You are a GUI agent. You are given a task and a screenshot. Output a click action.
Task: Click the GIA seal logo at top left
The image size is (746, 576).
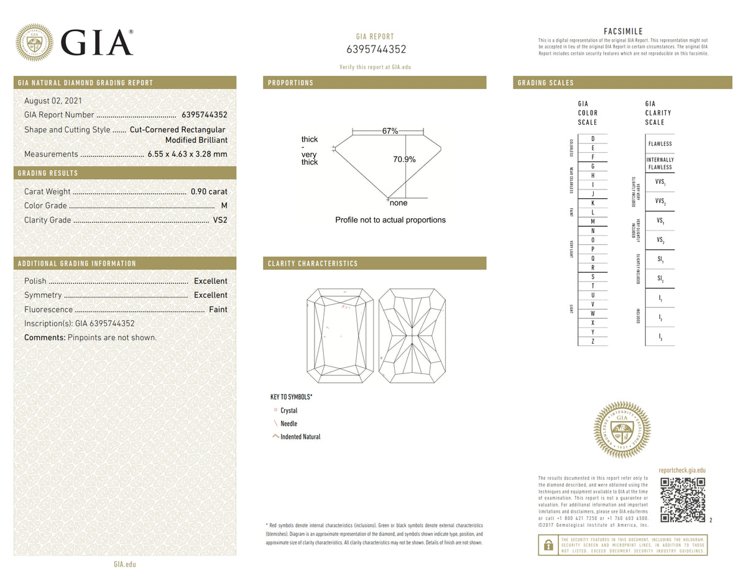click(x=34, y=42)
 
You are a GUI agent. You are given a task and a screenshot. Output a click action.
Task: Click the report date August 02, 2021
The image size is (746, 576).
click(x=53, y=101)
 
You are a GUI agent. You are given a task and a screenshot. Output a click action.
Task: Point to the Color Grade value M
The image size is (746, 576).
click(x=224, y=206)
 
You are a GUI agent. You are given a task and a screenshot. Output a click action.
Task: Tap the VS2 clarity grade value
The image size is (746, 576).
click(x=220, y=220)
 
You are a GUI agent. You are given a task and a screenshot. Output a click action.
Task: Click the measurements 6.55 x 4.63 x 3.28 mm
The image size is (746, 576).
click(x=187, y=154)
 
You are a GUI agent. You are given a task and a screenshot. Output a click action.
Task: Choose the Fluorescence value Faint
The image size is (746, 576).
click(x=218, y=309)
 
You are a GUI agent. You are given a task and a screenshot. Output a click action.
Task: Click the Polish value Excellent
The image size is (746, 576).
click(x=210, y=281)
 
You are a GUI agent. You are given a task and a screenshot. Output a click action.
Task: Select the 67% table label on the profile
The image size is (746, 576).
click(x=390, y=131)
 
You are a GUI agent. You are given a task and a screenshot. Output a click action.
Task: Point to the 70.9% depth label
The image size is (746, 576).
click(x=404, y=160)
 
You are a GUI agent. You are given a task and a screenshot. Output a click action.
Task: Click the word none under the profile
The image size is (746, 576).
click(x=398, y=203)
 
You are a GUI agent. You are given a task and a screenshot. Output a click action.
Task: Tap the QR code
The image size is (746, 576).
click(x=682, y=500)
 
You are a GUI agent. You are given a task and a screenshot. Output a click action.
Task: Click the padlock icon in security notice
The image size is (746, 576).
click(x=548, y=545)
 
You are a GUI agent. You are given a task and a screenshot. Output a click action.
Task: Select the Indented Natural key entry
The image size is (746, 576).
click(x=300, y=437)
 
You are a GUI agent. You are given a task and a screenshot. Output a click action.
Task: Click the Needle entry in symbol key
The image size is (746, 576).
click(x=288, y=424)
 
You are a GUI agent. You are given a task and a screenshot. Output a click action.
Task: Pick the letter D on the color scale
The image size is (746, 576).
click(x=592, y=139)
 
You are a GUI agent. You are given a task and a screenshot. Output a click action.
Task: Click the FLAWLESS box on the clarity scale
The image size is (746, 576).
click(x=660, y=144)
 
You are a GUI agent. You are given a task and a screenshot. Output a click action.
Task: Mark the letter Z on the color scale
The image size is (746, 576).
click(x=592, y=341)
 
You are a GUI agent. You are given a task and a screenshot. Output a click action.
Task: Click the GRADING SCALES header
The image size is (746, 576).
click(x=546, y=83)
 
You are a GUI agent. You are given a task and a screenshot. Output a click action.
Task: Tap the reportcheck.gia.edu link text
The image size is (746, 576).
click(x=681, y=471)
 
